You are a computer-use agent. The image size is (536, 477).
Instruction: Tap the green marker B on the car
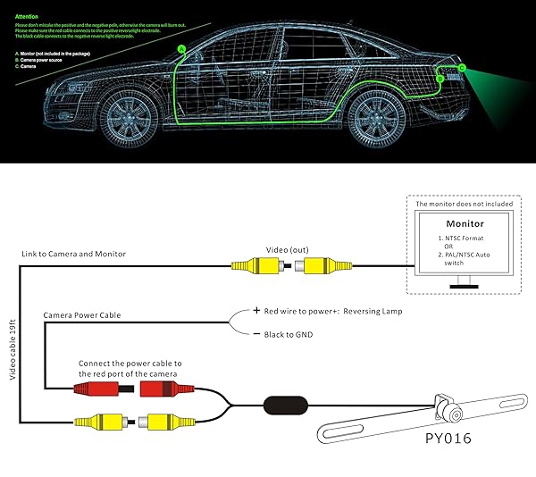(x=440, y=79)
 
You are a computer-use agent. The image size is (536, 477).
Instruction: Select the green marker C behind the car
(x=462, y=68)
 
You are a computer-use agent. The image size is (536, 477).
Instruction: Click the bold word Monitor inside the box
(x=465, y=223)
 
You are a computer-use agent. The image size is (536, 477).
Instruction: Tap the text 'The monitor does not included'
(x=464, y=204)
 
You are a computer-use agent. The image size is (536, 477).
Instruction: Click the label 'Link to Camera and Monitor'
(x=74, y=255)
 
